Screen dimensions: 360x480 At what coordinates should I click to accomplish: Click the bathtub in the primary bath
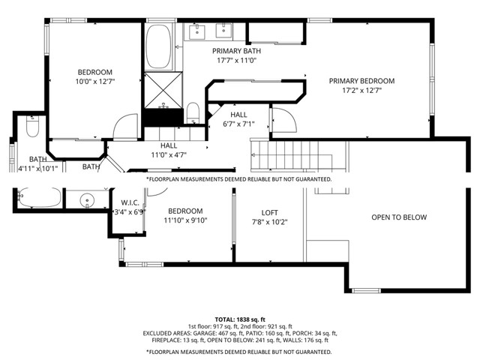click(157, 46)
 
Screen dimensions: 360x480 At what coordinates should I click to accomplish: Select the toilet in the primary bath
click(192, 113)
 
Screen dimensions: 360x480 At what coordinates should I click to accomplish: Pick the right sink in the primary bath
click(223, 31)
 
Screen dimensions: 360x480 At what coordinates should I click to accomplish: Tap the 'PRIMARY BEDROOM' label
click(361, 81)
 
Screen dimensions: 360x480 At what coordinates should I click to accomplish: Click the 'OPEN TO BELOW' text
click(399, 217)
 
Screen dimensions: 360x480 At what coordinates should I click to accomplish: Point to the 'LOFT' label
click(269, 212)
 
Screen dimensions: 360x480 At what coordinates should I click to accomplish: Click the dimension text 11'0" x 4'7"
click(168, 155)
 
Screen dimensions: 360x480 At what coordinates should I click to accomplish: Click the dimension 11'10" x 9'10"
click(184, 220)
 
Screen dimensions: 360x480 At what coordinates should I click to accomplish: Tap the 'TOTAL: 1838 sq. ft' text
click(239, 319)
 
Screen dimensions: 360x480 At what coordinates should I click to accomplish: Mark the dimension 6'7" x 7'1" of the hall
click(238, 124)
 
